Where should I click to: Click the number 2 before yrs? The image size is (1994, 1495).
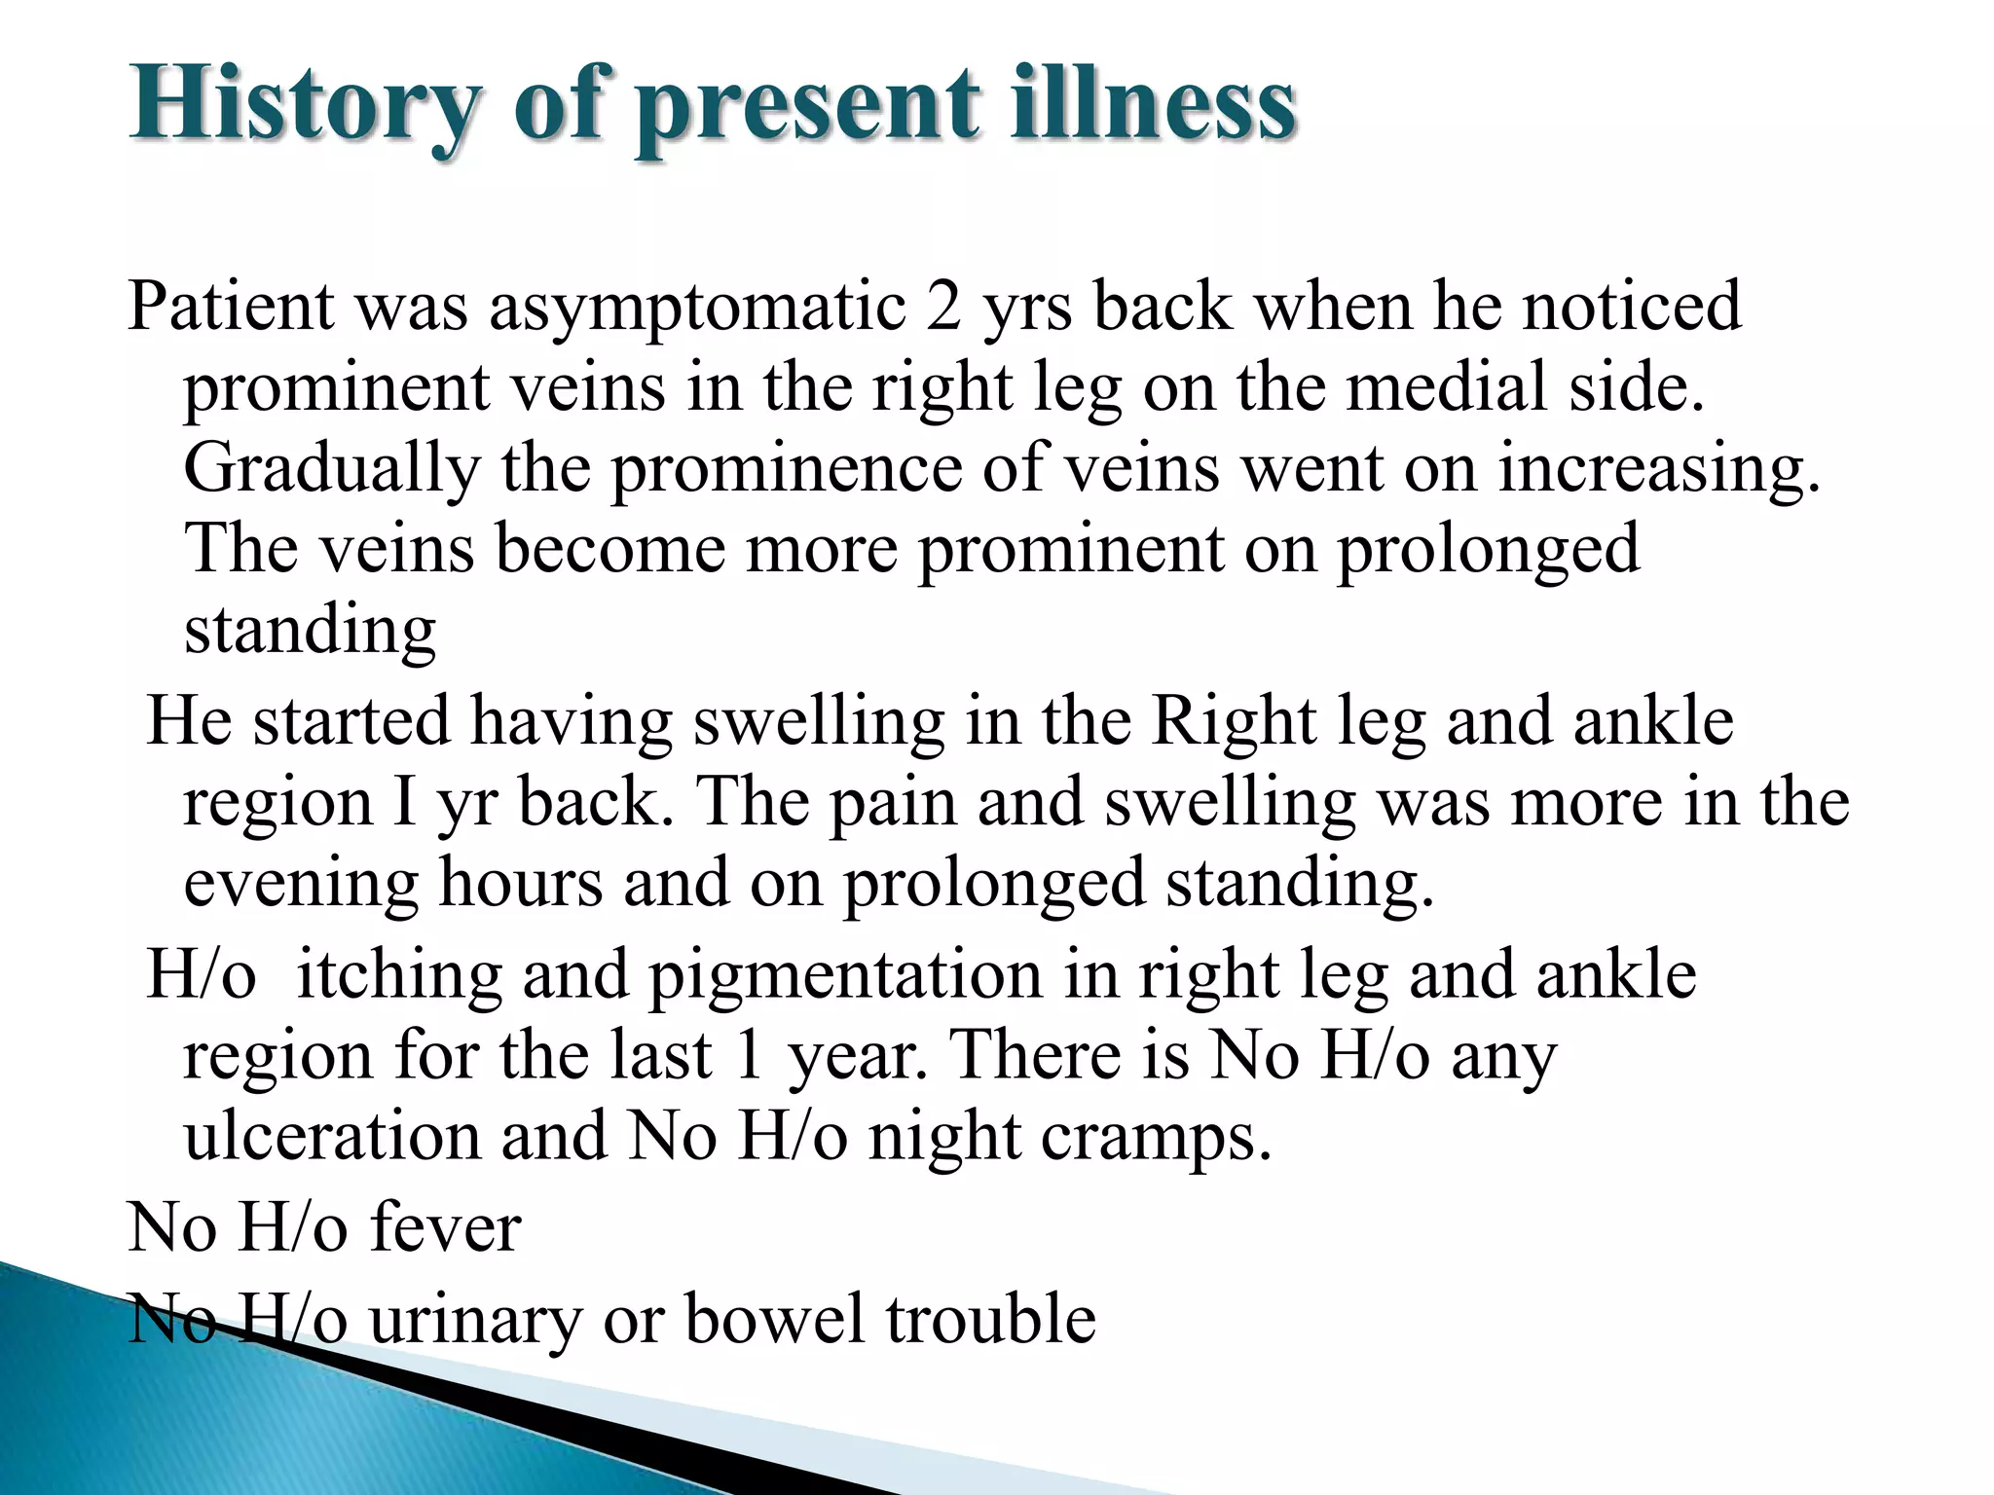[943, 307]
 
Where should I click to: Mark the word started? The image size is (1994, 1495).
[352, 722]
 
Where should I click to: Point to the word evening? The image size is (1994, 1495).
[302, 885]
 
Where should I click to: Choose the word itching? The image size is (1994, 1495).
[398, 976]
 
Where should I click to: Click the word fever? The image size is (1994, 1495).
[445, 1228]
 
